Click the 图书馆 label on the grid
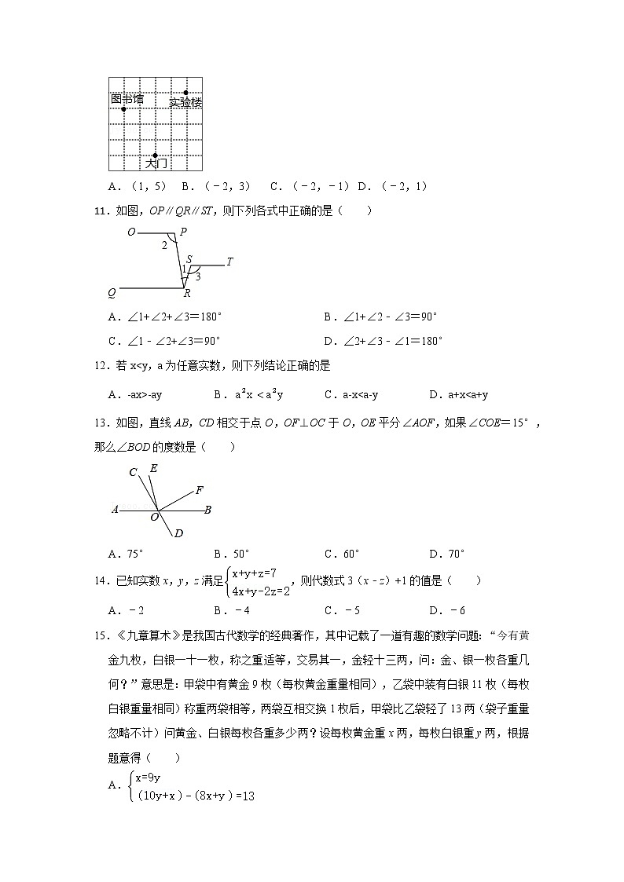(x=127, y=99)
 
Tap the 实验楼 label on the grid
(x=185, y=102)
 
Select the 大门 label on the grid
(x=156, y=163)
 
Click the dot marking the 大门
(x=156, y=156)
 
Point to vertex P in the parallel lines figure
(x=182, y=232)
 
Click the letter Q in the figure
(x=112, y=293)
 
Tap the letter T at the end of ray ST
(x=229, y=262)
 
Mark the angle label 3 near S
(x=197, y=276)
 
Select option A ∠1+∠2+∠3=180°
(x=165, y=317)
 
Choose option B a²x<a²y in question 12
(x=247, y=394)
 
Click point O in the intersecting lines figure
(x=154, y=517)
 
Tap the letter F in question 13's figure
(x=200, y=489)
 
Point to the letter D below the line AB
(x=178, y=534)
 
